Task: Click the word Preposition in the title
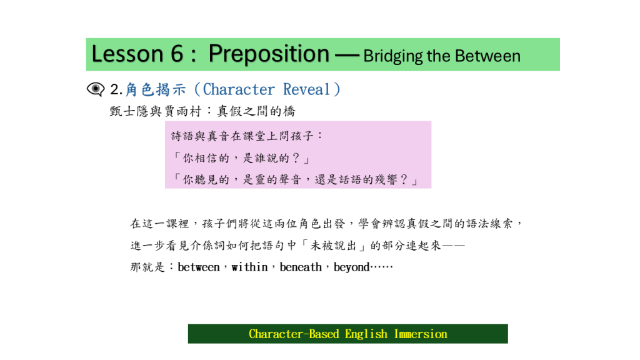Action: (269, 54)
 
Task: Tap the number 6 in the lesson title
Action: (177, 54)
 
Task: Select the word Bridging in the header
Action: (392, 56)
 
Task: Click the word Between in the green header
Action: (487, 56)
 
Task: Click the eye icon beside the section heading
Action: (96, 89)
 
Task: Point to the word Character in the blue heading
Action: (239, 89)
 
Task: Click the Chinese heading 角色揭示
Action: (156, 89)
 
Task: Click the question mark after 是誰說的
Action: (296, 158)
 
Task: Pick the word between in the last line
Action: (199, 267)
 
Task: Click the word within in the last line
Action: (250, 267)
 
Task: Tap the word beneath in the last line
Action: (301, 267)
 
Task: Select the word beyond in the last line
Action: (351, 267)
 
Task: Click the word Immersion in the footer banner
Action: (421, 334)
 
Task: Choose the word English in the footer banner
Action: (366, 334)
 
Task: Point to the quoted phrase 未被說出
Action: (333, 245)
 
